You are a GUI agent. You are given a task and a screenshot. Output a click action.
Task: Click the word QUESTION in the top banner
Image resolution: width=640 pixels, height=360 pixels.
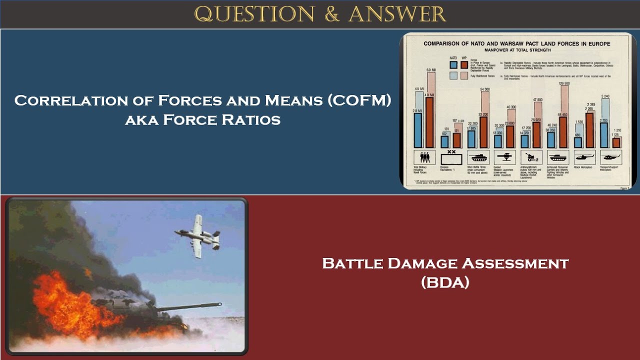point(254,14)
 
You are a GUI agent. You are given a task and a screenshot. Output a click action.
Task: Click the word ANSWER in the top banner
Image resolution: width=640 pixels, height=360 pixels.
point(397,14)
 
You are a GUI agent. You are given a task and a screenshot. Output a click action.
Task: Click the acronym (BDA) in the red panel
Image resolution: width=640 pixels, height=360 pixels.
point(445,282)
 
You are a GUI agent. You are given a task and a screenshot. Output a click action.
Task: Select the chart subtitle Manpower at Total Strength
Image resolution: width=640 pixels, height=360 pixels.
point(516,50)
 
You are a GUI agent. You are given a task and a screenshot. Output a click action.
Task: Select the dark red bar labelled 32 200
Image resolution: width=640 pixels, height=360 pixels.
point(483,132)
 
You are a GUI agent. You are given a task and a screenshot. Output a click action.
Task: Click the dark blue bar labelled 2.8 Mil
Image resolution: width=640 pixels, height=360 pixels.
point(418,130)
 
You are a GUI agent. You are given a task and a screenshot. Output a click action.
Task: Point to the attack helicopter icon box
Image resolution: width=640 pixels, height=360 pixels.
point(584,157)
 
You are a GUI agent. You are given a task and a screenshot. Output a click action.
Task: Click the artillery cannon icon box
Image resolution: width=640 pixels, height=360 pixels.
point(531,157)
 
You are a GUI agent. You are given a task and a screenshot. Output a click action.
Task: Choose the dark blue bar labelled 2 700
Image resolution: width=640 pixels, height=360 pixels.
point(604,135)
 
